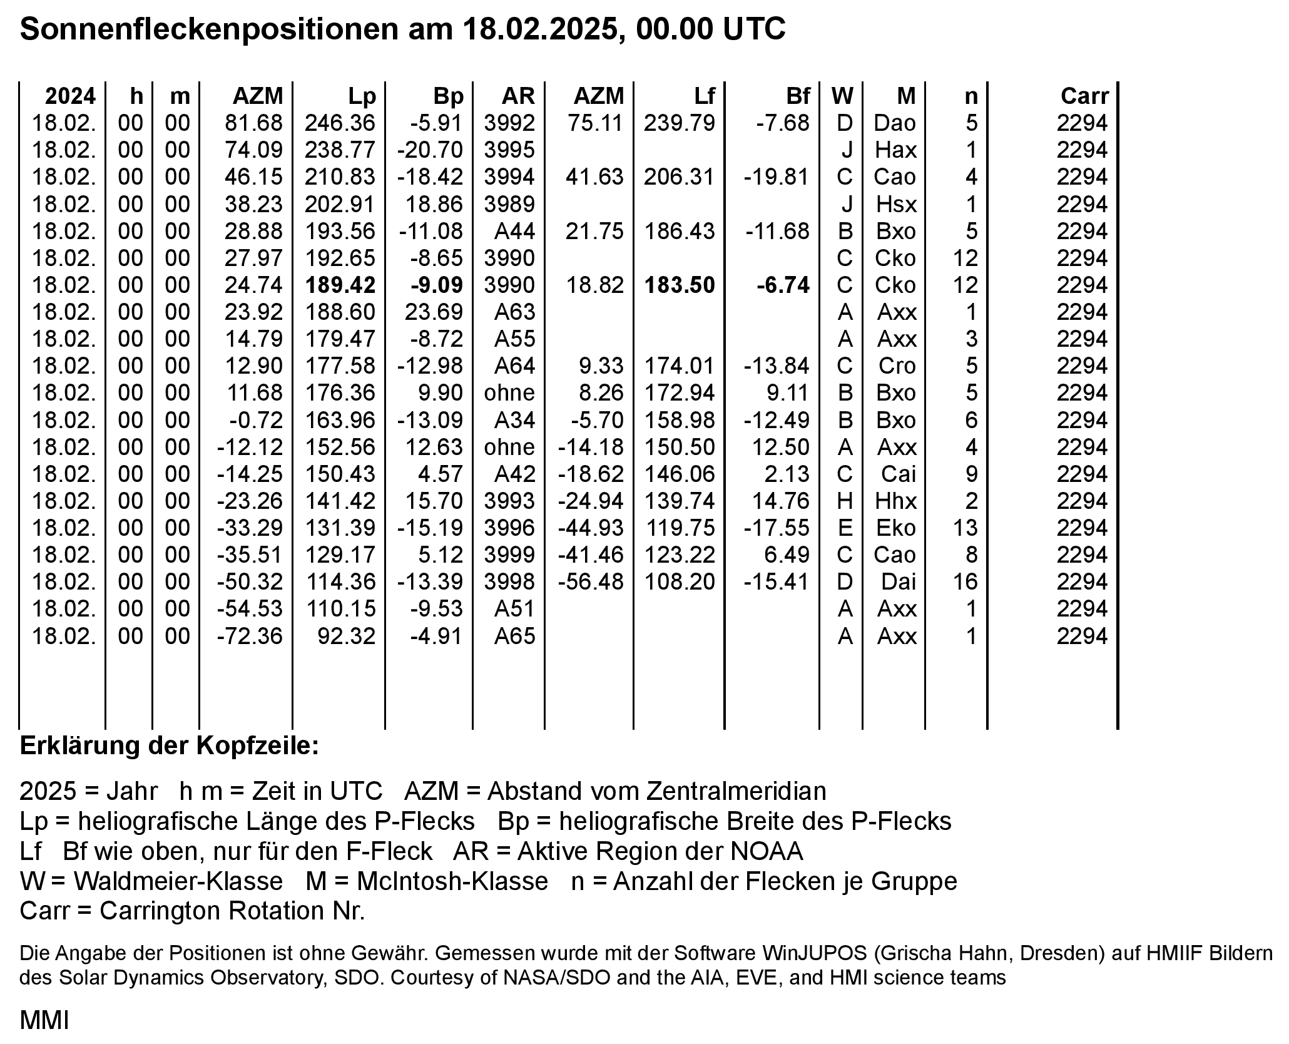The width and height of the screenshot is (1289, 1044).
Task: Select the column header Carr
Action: [1084, 96]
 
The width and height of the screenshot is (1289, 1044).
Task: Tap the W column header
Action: [842, 96]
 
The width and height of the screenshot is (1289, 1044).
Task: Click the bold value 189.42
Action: [340, 285]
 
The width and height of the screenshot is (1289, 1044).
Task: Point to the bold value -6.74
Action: [783, 285]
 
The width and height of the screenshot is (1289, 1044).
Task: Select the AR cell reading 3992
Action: [509, 123]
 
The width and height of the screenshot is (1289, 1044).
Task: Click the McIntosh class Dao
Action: [895, 123]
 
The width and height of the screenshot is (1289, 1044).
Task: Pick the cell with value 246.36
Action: [340, 123]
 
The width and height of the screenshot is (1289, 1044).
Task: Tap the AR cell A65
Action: [515, 637]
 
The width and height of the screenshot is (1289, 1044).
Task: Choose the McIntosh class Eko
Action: [896, 528]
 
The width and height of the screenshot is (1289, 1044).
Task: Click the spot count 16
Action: [965, 582]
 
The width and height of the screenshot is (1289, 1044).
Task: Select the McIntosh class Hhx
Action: [896, 501]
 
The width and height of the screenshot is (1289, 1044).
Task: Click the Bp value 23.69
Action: [434, 312]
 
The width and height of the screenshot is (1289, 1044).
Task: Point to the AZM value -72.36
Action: [250, 637]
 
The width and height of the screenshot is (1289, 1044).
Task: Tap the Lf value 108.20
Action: [680, 582]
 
